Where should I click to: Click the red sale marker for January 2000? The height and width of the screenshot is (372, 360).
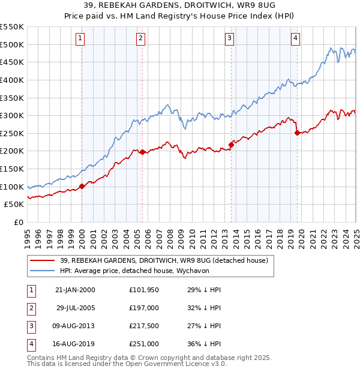coord(82,186)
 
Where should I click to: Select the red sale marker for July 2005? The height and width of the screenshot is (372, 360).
coord(142,152)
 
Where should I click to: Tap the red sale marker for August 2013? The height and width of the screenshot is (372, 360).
coord(230,145)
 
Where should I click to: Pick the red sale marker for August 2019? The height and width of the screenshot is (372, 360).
coord(297,133)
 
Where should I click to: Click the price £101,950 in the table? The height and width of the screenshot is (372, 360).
coord(144,290)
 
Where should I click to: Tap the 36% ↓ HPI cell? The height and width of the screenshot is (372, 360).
coord(205,344)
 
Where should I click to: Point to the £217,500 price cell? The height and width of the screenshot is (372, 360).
coord(144,326)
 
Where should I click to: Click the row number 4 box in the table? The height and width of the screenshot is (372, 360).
coord(30,344)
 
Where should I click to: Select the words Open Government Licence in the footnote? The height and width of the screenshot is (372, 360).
coord(171,364)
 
